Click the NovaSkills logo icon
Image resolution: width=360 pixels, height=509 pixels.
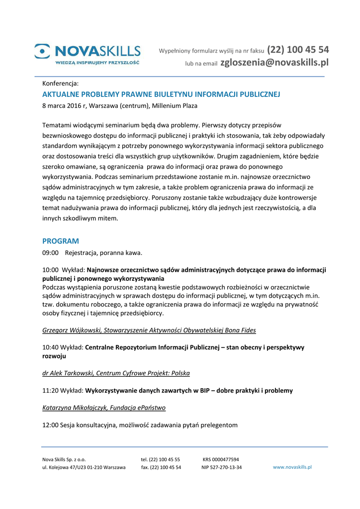pyautogui.click(x=42, y=51)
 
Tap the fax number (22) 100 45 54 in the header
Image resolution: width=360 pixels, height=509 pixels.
pyautogui.click(x=298, y=50)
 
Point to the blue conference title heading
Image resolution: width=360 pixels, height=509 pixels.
pyautogui.click(x=162, y=94)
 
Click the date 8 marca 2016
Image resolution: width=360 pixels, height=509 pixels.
pyautogui.click(x=64, y=106)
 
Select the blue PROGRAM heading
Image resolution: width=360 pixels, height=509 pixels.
pyautogui.click(x=61, y=241)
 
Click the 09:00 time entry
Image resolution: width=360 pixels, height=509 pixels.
pyautogui.click(x=50, y=253)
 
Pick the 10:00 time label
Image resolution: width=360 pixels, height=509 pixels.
pyautogui.click(x=50, y=270)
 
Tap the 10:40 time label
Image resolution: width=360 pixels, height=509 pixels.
pyautogui.click(x=50, y=347)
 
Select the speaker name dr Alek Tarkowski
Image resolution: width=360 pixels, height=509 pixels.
pyautogui.click(x=68, y=373)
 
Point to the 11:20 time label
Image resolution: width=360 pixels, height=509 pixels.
pyautogui.click(x=50, y=391)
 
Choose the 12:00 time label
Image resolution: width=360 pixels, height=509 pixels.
pyautogui.click(x=50, y=425)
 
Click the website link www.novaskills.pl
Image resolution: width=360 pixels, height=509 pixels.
pyautogui.click(x=292, y=467)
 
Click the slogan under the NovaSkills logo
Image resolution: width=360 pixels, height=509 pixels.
pyautogui.click(x=97, y=63)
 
